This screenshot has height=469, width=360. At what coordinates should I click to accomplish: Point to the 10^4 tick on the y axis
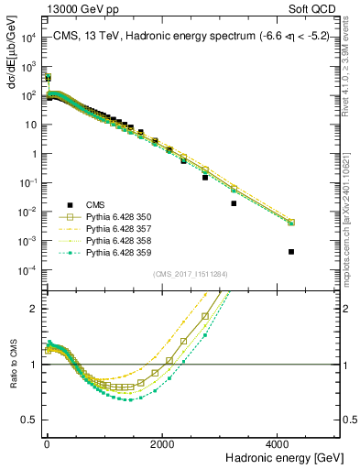27,38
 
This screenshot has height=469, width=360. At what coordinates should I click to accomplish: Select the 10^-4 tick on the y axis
27,269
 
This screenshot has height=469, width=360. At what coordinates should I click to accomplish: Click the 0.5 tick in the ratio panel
29,420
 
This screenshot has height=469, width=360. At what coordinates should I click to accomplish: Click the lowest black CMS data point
291,251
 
